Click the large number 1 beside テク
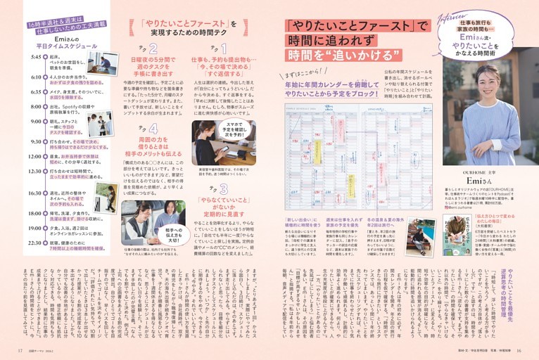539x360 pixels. [x=223, y=49]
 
